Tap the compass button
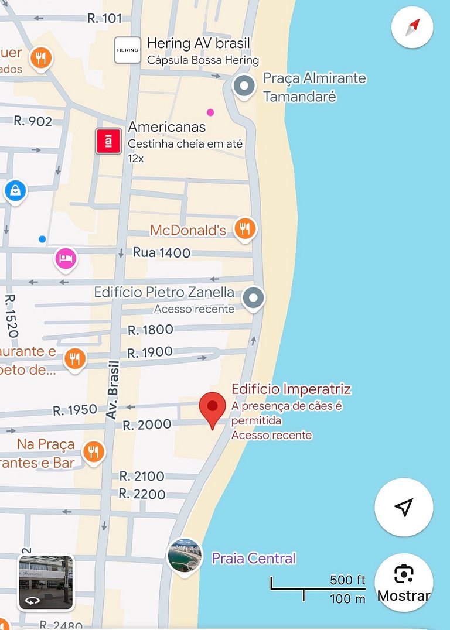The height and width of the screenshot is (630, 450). tap(412, 27)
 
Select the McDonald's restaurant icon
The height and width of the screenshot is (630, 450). tap(245, 228)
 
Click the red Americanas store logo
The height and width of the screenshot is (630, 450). tap(108, 141)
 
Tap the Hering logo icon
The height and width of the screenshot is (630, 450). tap(127, 50)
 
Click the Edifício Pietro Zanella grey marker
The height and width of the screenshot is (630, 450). tap(253, 298)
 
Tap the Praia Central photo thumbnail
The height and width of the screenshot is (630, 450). tap(185, 556)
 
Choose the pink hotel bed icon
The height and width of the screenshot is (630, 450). tap(66, 258)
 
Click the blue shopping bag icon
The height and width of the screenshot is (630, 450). tap(15, 190)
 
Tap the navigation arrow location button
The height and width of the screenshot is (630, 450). tap(404, 507)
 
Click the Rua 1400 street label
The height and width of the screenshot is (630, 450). tap(162, 253)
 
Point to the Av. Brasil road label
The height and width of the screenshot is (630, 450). tap(112, 389)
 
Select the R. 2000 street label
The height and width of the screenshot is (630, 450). tap(146, 424)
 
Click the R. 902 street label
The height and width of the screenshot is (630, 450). tap(33, 121)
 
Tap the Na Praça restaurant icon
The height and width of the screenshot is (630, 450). tap(93, 451)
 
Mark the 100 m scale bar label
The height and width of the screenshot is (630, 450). tap(347, 598)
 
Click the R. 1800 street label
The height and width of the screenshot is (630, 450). tap(151, 330)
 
